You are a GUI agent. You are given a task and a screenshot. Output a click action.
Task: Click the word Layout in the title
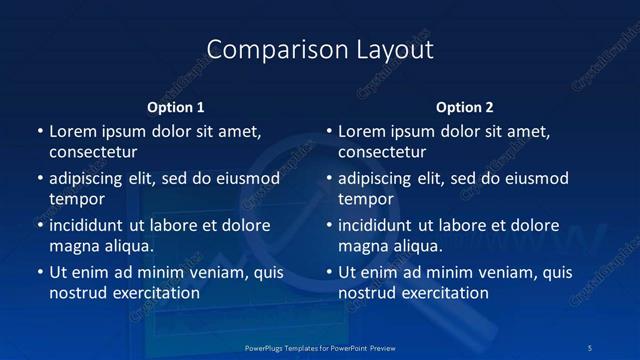point(386,49)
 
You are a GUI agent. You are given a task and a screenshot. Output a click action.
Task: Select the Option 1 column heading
point(176,107)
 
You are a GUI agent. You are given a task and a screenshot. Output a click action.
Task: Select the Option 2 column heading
point(465,107)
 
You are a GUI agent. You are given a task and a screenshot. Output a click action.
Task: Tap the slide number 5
point(591,348)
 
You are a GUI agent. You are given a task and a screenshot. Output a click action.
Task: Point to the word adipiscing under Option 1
point(90,178)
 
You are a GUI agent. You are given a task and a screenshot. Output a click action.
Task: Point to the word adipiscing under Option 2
point(380,178)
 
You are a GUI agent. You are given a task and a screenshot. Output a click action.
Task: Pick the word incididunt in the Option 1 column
point(90,225)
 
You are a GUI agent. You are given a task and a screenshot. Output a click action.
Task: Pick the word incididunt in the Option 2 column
point(380,225)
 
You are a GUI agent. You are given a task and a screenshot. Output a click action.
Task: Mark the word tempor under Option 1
point(77,199)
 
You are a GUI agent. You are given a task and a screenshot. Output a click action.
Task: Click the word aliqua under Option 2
point(416,246)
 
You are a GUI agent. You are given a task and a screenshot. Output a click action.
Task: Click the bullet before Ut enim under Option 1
point(40,272)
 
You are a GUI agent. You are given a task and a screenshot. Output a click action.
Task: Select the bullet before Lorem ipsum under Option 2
point(329,131)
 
